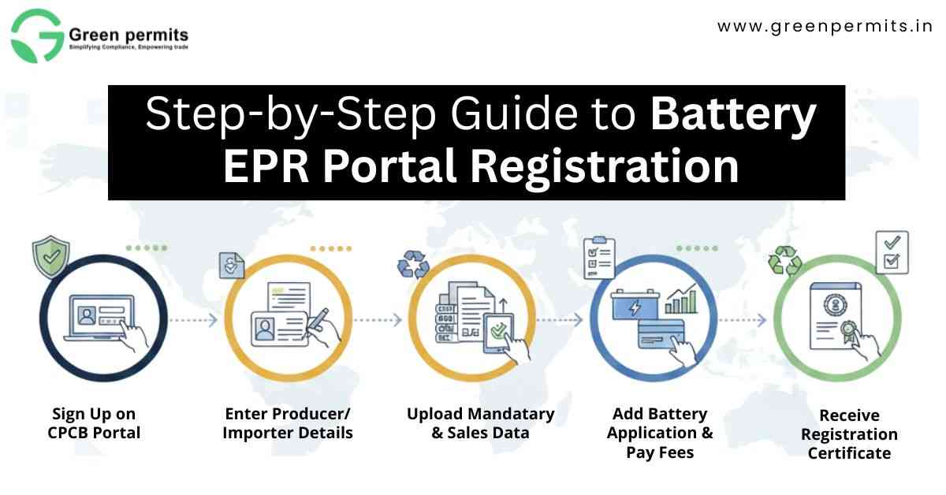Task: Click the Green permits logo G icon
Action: (x=35, y=35)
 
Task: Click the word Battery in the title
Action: (x=733, y=115)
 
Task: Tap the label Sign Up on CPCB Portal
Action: (x=93, y=423)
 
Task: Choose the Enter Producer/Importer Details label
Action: (x=288, y=423)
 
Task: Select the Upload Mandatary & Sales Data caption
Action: (x=480, y=423)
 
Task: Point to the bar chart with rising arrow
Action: (x=681, y=299)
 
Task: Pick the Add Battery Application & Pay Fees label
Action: (x=660, y=433)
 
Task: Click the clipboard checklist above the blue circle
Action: (x=599, y=257)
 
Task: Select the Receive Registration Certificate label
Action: (x=849, y=434)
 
